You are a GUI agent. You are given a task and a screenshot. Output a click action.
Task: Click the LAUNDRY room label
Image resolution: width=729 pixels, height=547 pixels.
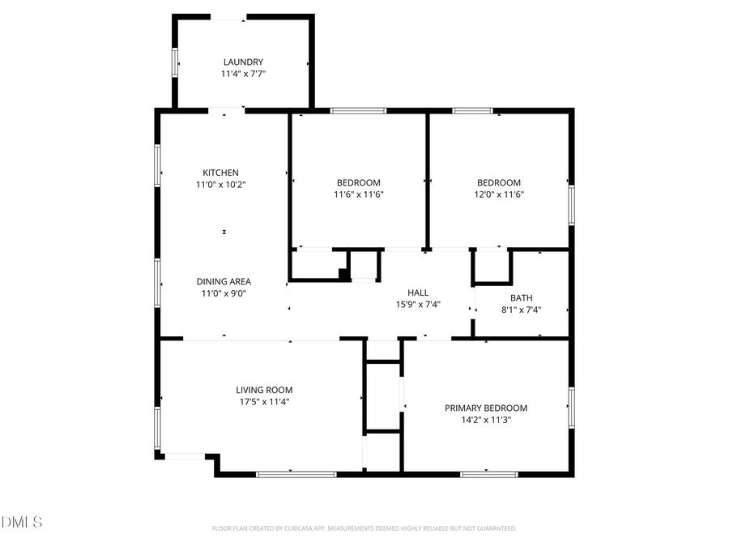(x=243, y=62)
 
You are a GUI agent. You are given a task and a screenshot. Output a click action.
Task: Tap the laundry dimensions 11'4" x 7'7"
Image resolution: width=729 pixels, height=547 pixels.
(x=243, y=74)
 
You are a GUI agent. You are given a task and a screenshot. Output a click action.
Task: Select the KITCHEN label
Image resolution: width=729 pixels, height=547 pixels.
(x=220, y=173)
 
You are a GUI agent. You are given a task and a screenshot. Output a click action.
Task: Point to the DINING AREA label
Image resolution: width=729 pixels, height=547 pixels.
(x=224, y=282)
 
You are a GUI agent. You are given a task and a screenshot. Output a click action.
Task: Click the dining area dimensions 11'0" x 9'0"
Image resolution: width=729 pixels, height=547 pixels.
(x=224, y=293)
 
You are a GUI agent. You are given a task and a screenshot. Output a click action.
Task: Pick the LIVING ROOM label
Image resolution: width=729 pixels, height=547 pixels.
(x=264, y=390)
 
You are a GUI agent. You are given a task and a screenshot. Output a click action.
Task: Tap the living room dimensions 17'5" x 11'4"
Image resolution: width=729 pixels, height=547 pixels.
(x=264, y=401)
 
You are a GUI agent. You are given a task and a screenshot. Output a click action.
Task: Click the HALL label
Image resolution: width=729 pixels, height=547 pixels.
(x=418, y=293)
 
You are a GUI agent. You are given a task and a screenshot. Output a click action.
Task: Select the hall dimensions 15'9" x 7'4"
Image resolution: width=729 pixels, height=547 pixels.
(x=418, y=305)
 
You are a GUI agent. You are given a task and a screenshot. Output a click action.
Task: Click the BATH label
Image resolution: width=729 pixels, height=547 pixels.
(x=522, y=298)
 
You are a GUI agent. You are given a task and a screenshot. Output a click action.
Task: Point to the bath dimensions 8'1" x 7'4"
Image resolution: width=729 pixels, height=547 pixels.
(x=522, y=310)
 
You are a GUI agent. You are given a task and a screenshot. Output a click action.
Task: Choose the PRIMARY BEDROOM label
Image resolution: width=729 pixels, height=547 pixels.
(x=486, y=408)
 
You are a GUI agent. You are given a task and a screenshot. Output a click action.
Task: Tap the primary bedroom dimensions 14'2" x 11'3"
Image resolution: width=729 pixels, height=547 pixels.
(x=486, y=420)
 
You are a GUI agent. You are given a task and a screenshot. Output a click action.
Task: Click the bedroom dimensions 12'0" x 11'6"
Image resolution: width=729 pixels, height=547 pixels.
(x=499, y=194)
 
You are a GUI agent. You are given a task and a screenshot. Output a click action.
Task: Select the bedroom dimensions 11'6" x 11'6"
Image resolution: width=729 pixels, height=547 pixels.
(x=358, y=194)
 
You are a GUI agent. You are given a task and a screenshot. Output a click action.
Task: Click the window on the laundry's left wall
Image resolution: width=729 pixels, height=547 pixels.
(x=175, y=62)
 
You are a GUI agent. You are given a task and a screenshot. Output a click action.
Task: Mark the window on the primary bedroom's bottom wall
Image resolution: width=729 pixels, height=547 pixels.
(x=488, y=474)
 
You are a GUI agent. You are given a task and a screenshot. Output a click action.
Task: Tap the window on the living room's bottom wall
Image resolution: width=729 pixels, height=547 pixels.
(x=296, y=474)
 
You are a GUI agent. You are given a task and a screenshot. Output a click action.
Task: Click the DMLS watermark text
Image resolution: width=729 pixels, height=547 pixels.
(x=23, y=522)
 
